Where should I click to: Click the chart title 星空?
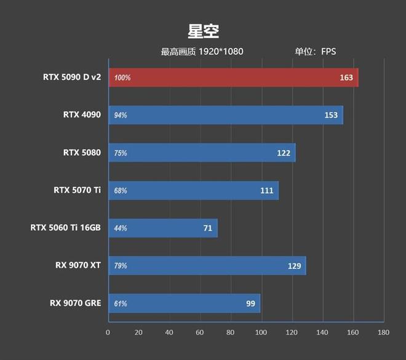tap(203, 31)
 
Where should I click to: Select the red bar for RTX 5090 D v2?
tap(234, 78)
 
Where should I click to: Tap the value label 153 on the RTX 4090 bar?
tap(332, 115)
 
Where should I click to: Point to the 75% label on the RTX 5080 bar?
tap(121, 153)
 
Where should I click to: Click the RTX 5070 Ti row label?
tap(77, 190)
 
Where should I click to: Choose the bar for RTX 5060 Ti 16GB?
tap(163, 228)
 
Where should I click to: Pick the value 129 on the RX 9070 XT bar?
tap(294, 266)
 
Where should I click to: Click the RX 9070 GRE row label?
tap(76, 303)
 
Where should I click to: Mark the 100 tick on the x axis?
tap(261, 333)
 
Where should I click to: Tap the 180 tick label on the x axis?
tap(383, 333)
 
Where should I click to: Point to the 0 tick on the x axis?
tap(108, 333)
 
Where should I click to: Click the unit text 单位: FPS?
tap(316, 52)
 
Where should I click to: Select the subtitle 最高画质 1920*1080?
tap(202, 52)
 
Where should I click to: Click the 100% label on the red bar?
tap(122, 78)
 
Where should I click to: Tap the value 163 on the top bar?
tap(346, 78)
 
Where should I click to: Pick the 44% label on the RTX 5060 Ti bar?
tap(121, 228)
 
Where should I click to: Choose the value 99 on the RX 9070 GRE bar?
tap(250, 303)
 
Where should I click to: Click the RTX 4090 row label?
tap(81, 114)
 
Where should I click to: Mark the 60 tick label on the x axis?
tap(200, 333)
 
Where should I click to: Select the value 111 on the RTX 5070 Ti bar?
tap(266, 191)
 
